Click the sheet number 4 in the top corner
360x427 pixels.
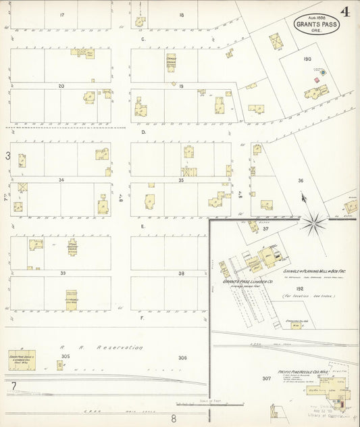pyautogui.click(x=345, y=11)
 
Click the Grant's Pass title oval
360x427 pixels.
pyautogui.click(x=317, y=26)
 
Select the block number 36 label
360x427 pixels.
pyautogui.click(x=301, y=180)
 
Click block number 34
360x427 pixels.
pyautogui.click(x=61, y=180)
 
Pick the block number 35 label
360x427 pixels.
pyautogui.click(x=181, y=180)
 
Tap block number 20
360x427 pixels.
pyautogui.click(x=61, y=86)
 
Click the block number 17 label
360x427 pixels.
pyautogui.click(x=62, y=14)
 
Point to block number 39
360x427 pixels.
pyautogui.click(x=61, y=273)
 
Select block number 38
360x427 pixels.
pyautogui.click(x=181, y=273)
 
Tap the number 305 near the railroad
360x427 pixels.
pyautogui.click(x=65, y=355)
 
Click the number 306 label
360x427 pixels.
pyautogui.click(x=182, y=357)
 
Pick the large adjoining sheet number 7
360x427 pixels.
pyautogui.click(x=13, y=386)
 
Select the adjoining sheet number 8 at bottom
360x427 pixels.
pyautogui.click(x=174, y=418)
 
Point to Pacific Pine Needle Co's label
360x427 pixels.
pyautogui.click(x=303, y=371)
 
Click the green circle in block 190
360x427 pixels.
pyautogui.click(x=323, y=72)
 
